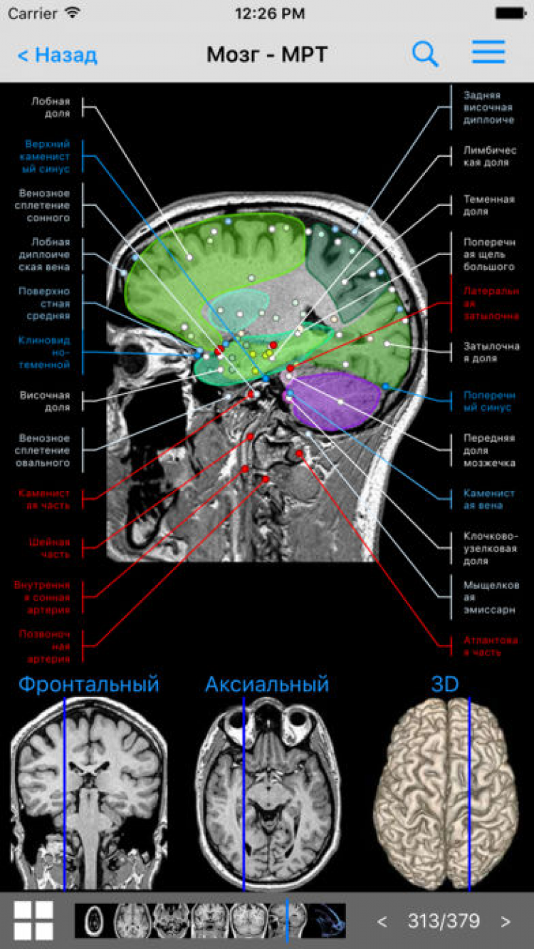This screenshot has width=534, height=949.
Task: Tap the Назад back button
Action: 57,55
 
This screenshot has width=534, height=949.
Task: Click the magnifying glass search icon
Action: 425,54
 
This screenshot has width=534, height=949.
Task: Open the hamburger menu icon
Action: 488,53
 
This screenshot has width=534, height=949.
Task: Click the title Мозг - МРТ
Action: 267,55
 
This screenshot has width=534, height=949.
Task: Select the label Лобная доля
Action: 51,107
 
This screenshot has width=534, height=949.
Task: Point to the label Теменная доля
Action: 488,205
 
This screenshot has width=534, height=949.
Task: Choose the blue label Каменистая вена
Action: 488,499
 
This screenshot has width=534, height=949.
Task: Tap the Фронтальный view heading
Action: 88,685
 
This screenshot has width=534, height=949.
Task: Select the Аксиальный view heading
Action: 267,685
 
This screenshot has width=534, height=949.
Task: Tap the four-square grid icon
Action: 33,921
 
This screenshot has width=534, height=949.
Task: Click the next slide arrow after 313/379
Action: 506,921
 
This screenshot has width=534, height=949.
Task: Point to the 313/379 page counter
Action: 444,921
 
